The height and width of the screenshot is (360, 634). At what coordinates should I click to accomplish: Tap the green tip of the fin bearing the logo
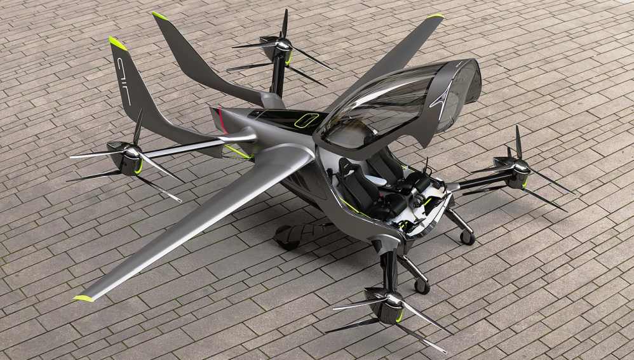[118, 43]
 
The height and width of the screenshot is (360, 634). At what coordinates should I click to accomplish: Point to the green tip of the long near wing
[84, 298]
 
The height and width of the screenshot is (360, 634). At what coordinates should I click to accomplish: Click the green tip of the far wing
[436, 16]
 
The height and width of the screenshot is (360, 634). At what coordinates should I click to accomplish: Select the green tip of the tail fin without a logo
[159, 16]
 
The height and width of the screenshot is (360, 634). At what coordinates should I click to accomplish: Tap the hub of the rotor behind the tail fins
[283, 44]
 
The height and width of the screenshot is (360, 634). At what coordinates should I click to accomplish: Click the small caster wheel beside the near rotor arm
[422, 286]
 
